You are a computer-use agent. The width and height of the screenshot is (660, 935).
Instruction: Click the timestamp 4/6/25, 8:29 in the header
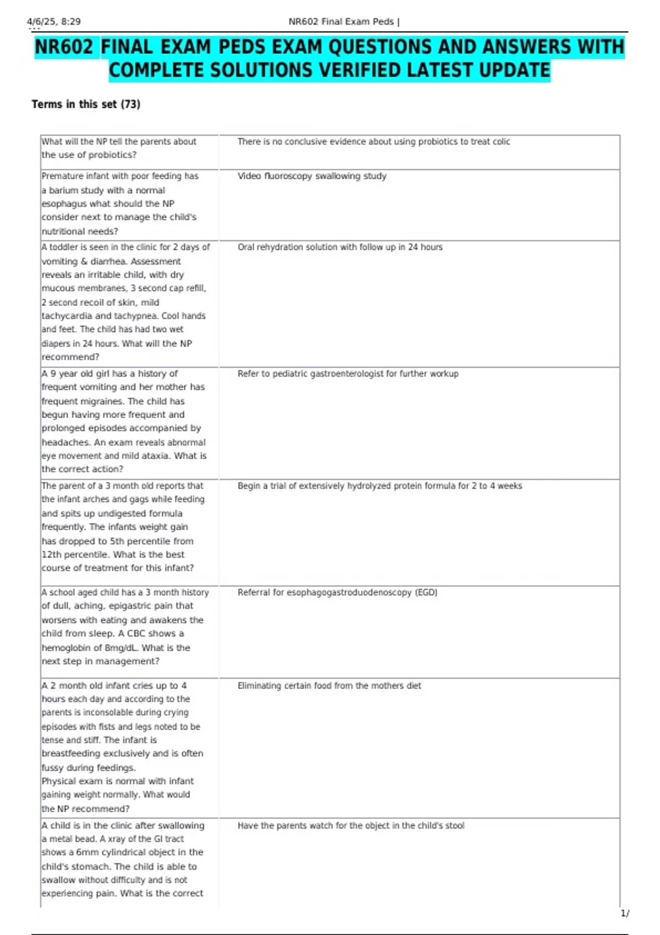(54, 21)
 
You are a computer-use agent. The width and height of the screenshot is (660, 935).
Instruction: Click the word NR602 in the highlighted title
(64, 47)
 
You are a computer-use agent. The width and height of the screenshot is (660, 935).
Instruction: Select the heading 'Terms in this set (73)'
(86, 104)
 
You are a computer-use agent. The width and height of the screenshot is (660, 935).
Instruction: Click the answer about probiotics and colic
(373, 141)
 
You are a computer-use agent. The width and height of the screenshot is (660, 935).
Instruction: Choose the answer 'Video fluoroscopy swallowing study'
(312, 176)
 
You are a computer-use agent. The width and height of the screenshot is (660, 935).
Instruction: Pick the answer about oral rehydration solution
(340, 247)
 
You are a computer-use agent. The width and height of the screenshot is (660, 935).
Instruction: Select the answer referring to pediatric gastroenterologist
(348, 373)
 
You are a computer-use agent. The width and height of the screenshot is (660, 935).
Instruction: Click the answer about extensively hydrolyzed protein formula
(380, 486)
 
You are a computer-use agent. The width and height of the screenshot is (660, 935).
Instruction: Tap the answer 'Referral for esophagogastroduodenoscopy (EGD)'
(337, 592)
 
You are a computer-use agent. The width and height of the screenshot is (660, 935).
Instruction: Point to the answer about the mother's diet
(329, 685)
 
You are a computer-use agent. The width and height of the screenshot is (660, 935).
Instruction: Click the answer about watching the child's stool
(350, 826)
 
